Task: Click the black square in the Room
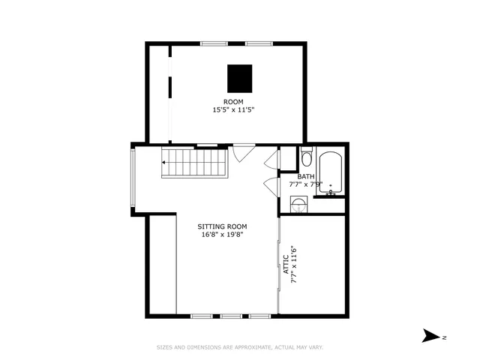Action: pyautogui.click(x=240, y=77)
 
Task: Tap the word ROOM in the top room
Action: pyautogui.click(x=233, y=101)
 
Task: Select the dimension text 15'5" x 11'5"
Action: pyautogui.click(x=233, y=109)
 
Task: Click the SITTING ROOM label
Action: pyautogui.click(x=222, y=226)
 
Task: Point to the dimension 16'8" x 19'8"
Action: pyautogui.click(x=222, y=235)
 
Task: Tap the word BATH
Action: pyautogui.click(x=306, y=177)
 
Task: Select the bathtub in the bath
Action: pyautogui.click(x=331, y=173)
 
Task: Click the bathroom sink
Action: pyautogui.click(x=298, y=205)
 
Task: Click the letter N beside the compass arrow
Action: pyautogui.click(x=444, y=337)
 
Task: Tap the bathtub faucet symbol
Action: pyautogui.click(x=330, y=191)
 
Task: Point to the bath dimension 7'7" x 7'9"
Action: pyautogui.click(x=306, y=184)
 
